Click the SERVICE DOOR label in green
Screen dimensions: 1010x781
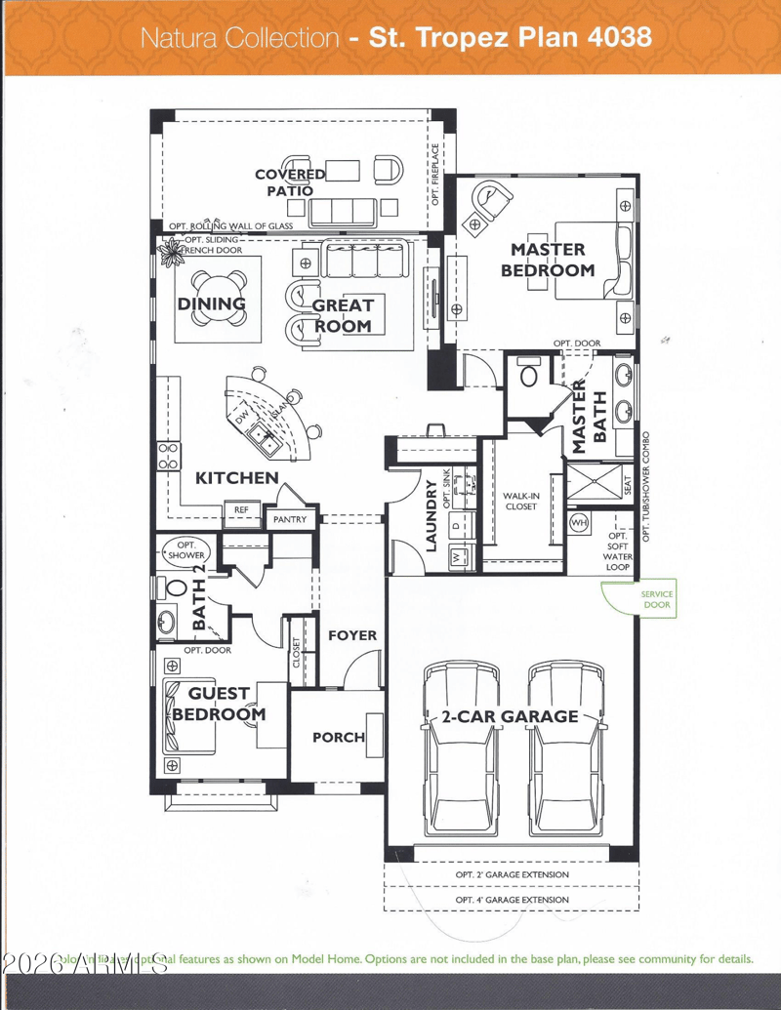(x=656, y=599)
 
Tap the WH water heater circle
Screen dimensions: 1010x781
(x=579, y=523)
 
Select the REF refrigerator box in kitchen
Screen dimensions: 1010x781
(x=240, y=509)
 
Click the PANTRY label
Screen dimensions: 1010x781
(x=290, y=520)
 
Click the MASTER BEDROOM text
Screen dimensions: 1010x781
(x=547, y=261)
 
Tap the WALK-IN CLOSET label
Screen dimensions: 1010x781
(x=522, y=502)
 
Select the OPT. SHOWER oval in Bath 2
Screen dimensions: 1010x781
(x=185, y=549)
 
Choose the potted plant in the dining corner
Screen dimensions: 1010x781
(x=172, y=252)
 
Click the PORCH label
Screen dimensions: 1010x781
(x=338, y=737)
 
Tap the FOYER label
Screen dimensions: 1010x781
(x=351, y=635)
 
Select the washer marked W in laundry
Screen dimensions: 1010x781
(x=455, y=557)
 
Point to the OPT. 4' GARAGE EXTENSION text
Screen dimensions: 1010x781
(x=512, y=899)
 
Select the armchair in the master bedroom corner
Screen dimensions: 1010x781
(x=489, y=203)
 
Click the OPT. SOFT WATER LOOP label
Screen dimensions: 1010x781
(x=618, y=551)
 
